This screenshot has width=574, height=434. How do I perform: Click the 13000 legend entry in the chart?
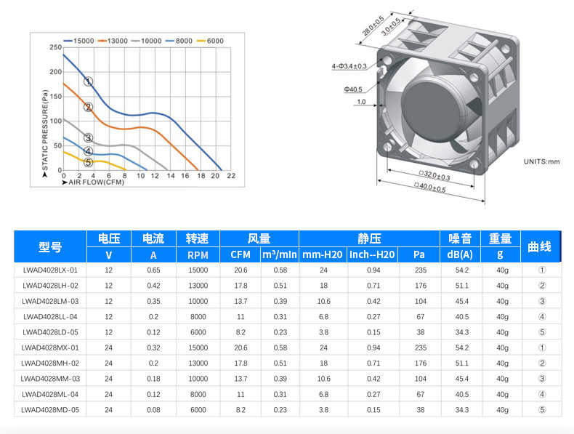113,41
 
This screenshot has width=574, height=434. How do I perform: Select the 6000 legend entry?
210,41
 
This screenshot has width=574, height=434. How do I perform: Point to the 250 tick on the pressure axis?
56,47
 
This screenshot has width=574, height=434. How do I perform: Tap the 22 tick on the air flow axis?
231,176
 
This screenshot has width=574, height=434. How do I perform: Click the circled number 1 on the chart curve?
88,81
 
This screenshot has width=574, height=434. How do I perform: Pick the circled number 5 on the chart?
88,162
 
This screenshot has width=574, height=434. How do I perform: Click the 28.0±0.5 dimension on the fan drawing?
373,25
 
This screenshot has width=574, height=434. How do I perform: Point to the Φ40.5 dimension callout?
353,89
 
